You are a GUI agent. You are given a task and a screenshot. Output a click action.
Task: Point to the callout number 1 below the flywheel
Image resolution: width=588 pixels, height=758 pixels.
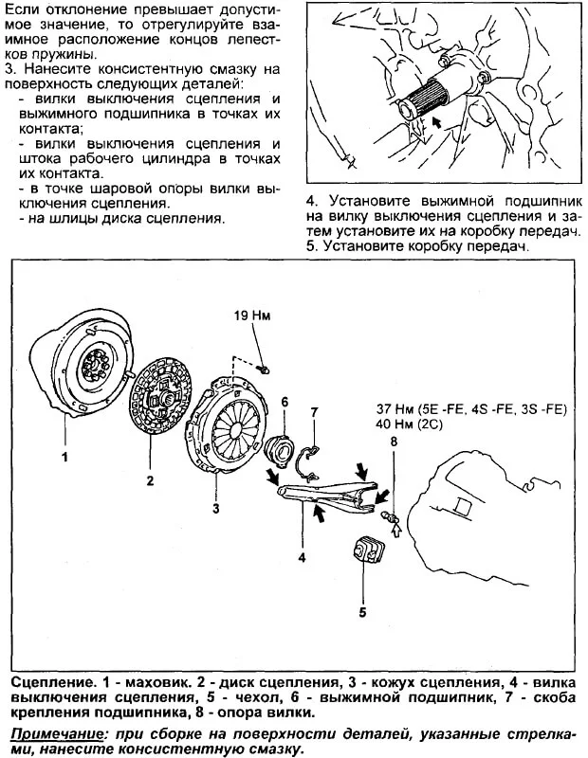pos(65,457)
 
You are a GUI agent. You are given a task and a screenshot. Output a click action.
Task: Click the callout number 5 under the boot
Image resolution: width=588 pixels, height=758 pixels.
pos(362,612)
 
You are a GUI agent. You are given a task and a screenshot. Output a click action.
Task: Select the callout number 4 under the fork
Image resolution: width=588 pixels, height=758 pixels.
pos(302,558)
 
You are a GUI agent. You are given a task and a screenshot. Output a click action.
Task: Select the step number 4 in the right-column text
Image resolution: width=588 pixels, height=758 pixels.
pos(311,201)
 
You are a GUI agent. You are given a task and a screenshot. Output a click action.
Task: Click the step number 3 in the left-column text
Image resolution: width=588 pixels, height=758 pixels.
pos(9,70)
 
